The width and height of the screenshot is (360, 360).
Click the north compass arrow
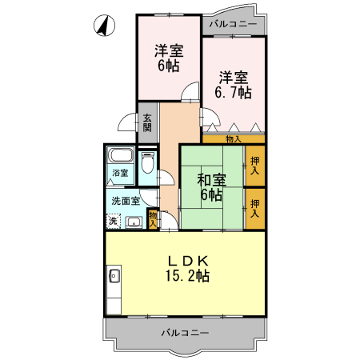pyautogui.click(x=102, y=26)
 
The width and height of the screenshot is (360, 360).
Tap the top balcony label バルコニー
pyautogui.click(x=233, y=25)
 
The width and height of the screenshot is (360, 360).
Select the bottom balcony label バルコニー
pyautogui.click(x=184, y=331)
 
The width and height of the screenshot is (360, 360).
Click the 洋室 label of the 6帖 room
pyautogui.click(x=169, y=51)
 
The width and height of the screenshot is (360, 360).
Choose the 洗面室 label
pyautogui.click(x=126, y=200)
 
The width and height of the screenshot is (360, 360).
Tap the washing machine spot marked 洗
pyautogui.click(x=114, y=221)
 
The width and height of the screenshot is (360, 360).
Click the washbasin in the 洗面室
pyautogui.click(x=133, y=222)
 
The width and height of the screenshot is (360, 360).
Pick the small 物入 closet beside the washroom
pyautogui.click(x=152, y=218)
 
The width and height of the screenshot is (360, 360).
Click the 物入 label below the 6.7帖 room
pyautogui.click(x=234, y=139)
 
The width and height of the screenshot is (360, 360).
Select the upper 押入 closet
pyautogui.click(x=254, y=166)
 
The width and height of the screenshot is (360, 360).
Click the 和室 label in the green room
pyautogui.click(x=211, y=178)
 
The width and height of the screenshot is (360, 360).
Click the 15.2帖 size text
pyautogui.click(x=188, y=277)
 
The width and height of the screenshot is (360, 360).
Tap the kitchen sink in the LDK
pyautogui.click(x=113, y=279)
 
